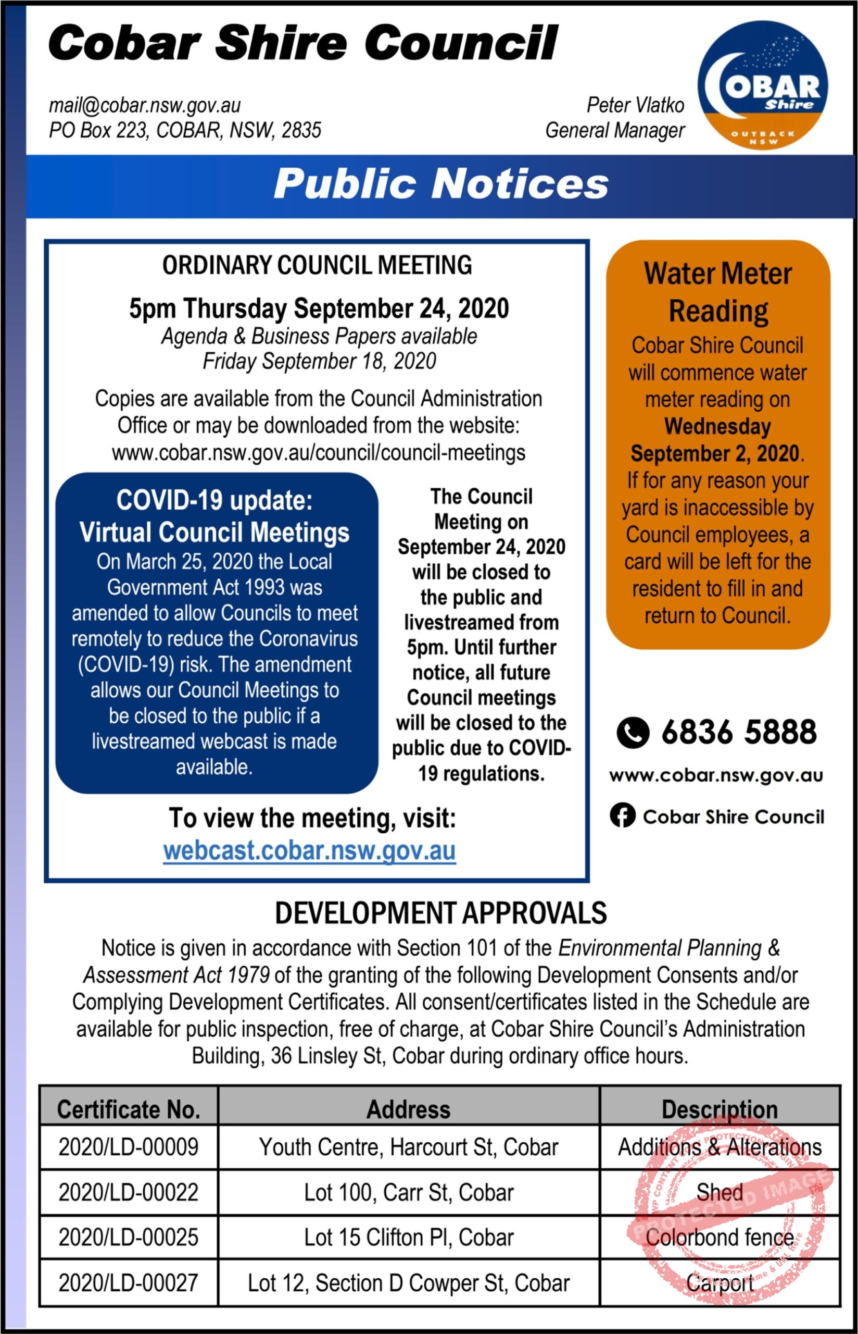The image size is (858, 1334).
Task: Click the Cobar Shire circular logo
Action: point(762,85)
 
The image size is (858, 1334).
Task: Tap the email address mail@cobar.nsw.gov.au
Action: point(145,105)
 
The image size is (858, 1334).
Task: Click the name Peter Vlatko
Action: point(635,105)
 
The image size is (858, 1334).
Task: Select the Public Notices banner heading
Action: point(440,184)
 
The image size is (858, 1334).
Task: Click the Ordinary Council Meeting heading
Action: point(317,265)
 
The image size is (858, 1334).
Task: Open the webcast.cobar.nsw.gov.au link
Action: point(310,850)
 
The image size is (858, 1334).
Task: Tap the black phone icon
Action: point(633,732)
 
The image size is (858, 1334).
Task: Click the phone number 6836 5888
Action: point(739,732)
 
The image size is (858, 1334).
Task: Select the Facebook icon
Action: point(622,816)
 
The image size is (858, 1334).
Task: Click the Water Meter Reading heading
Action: point(717,292)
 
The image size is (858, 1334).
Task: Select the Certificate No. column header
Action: point(129,1110)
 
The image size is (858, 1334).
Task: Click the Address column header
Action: point(408,1110)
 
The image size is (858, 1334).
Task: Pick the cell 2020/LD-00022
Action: point(129,1192)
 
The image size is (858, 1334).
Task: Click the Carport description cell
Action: point(720,1283)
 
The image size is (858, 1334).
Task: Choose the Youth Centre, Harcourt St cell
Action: point(408,1147)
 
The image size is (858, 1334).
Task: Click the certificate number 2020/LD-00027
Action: point(129,1283)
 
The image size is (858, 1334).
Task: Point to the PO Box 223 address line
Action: point(185,130)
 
